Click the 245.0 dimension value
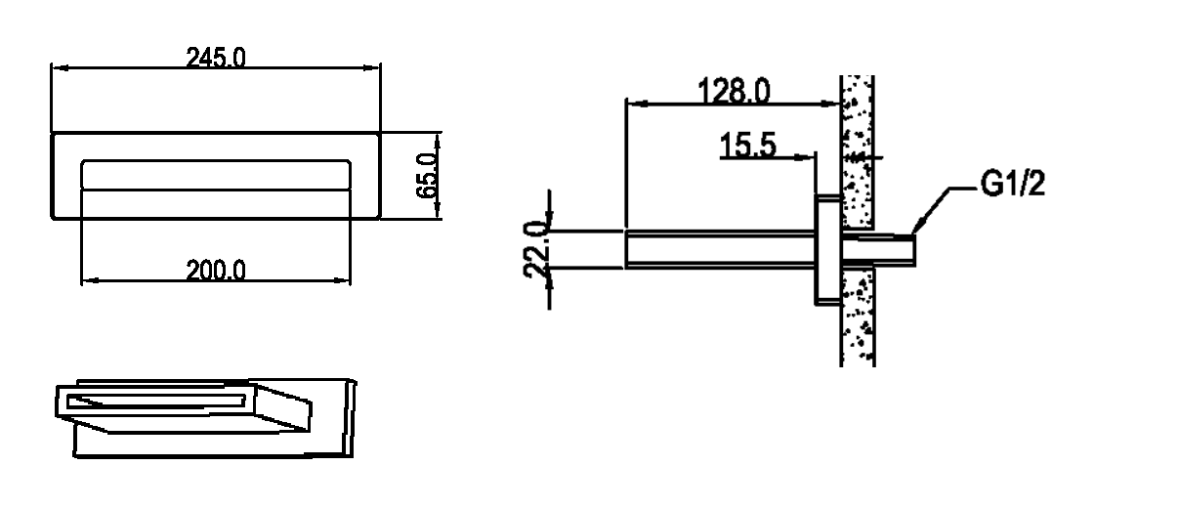coord(216,58)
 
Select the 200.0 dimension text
coord(216,270)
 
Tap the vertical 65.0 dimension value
coord(426,176)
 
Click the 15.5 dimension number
coord(748,146)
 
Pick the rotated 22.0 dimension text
coord(535,249)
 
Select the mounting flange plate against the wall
coord(826,250)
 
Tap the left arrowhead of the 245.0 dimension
coord(57,68)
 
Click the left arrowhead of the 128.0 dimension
coord(631,101)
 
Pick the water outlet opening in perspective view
coord(155,400)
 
